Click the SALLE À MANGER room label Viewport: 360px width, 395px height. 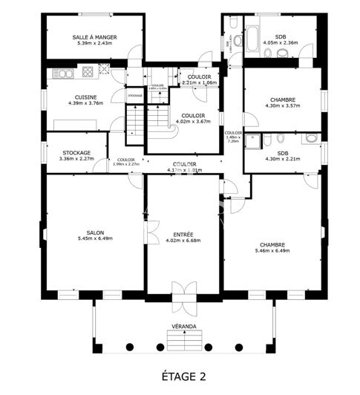[95, 37]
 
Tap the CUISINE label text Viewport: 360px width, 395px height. [84, 97]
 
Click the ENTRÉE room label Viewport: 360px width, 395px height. [183, 234]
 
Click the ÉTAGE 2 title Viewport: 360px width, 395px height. [183, 376]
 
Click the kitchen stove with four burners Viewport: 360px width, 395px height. [88, 72]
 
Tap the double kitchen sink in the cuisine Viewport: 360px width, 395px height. [62, 73]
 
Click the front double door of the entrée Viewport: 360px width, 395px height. [182, 290]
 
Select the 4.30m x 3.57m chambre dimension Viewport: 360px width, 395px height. [282, 105]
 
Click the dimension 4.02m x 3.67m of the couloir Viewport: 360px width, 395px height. [193, 121]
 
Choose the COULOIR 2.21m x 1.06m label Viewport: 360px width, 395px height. [199, 82]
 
